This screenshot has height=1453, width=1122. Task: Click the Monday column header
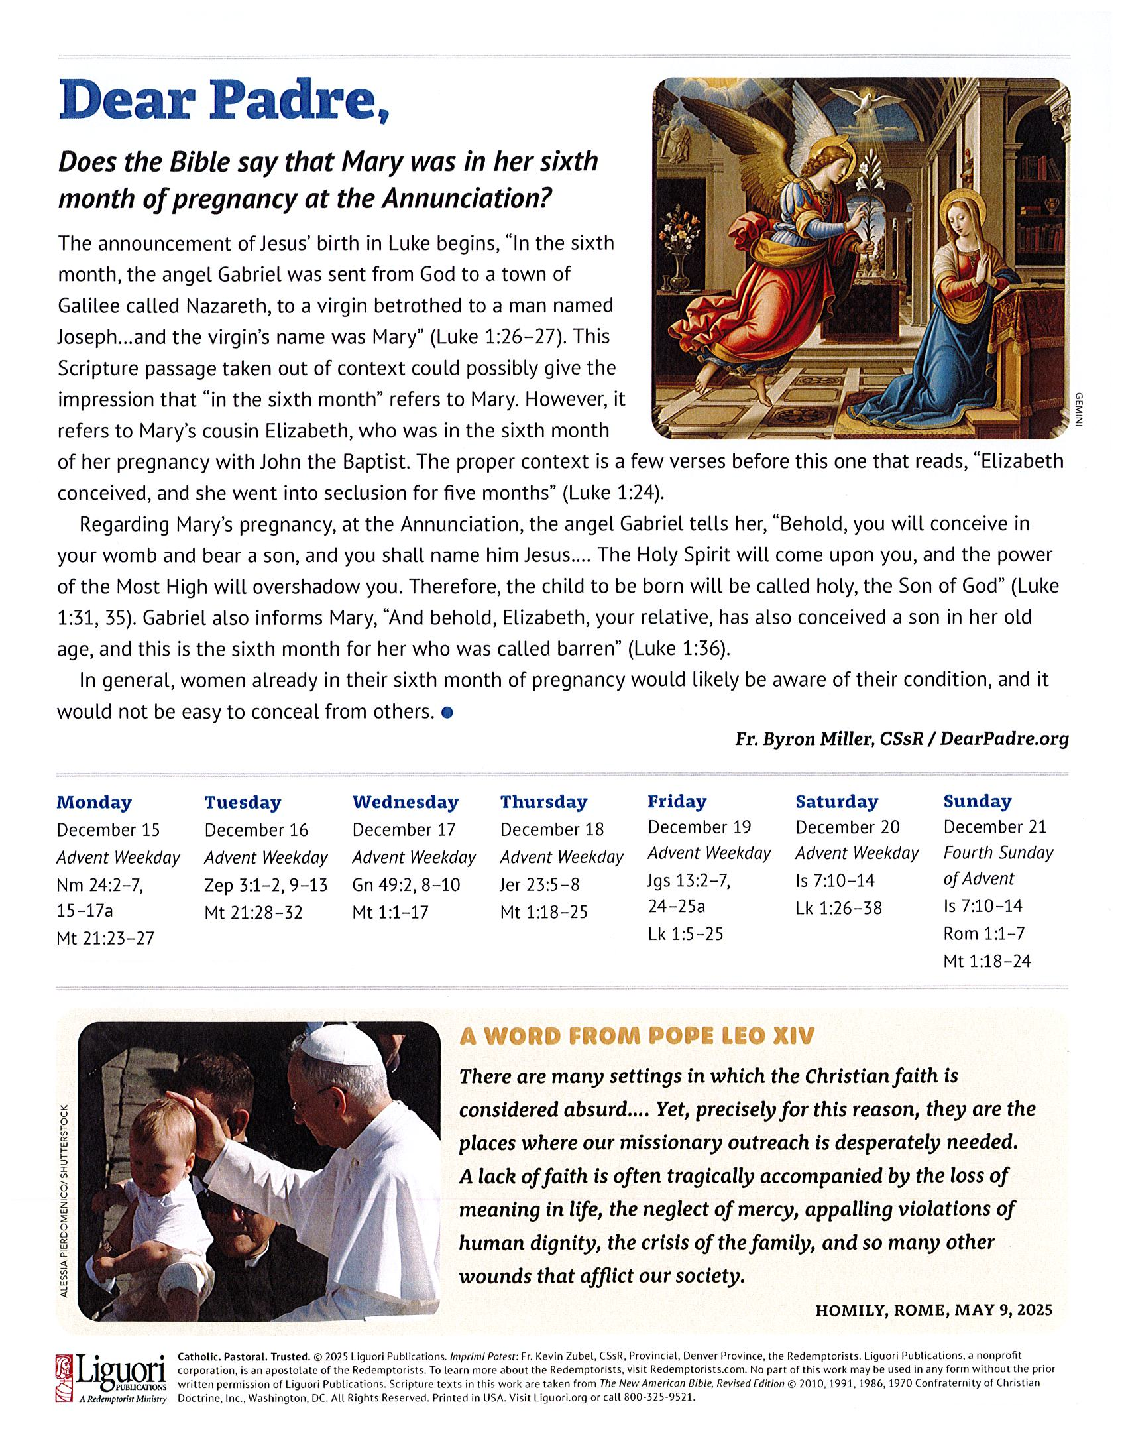pos(94,802)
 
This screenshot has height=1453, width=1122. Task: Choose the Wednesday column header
pos(405,802)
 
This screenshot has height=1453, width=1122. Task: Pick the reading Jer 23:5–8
pos(540,885)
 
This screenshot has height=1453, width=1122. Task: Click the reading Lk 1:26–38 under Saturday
pos(838,908)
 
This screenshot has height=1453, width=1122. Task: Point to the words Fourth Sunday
pos(998,853)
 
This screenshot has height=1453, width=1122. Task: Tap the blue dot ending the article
pos(447,713)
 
